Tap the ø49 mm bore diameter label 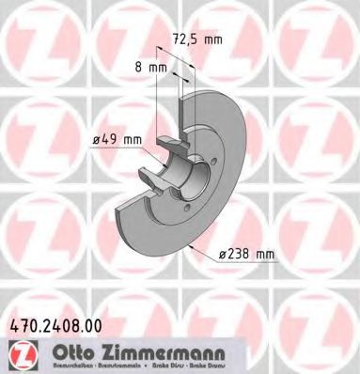click(x=117, y=140)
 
